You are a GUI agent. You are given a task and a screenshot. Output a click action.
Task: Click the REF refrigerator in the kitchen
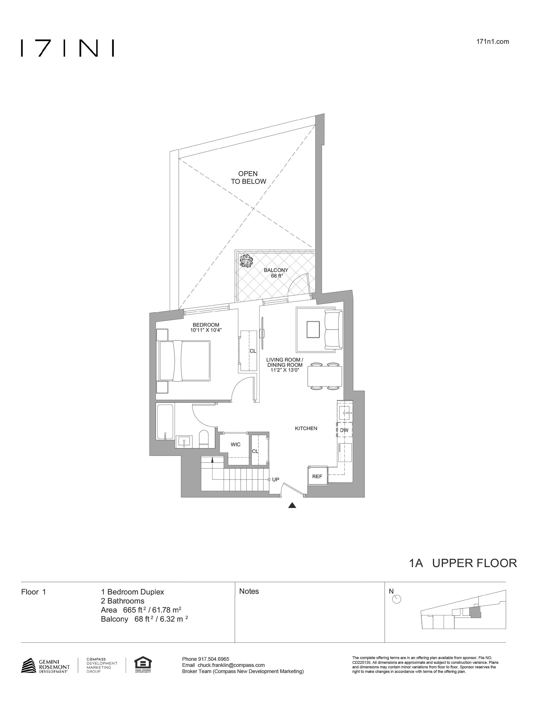[317, 476]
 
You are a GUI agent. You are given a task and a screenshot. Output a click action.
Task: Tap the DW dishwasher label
[344, 430]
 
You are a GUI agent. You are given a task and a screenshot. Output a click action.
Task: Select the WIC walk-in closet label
[235, 444]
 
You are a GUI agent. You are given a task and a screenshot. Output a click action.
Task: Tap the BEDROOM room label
[206, 324]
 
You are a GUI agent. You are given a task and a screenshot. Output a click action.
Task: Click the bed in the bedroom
[184, 360]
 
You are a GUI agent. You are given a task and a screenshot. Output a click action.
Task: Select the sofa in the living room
[334, 330]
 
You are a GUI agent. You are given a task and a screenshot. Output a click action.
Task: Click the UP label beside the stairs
[276, 480]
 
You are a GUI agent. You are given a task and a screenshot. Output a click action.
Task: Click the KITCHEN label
[306, 428]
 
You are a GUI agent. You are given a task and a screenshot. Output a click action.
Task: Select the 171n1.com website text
[492, 42]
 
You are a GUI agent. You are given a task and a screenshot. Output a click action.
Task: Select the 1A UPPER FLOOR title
[463, 563]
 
